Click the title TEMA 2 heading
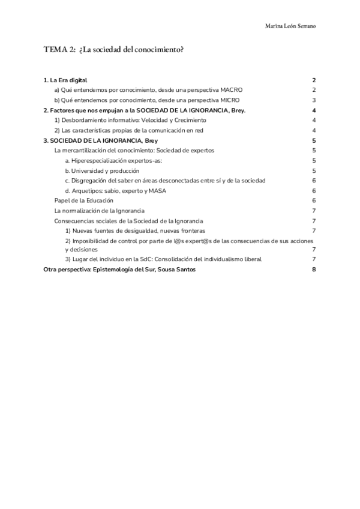point(113,50)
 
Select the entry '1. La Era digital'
point(66,80)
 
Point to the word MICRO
point(230,100)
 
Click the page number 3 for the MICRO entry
point(314,100)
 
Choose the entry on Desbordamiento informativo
point(130,120)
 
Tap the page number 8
point(314,270)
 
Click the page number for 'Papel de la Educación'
point(314,200)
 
